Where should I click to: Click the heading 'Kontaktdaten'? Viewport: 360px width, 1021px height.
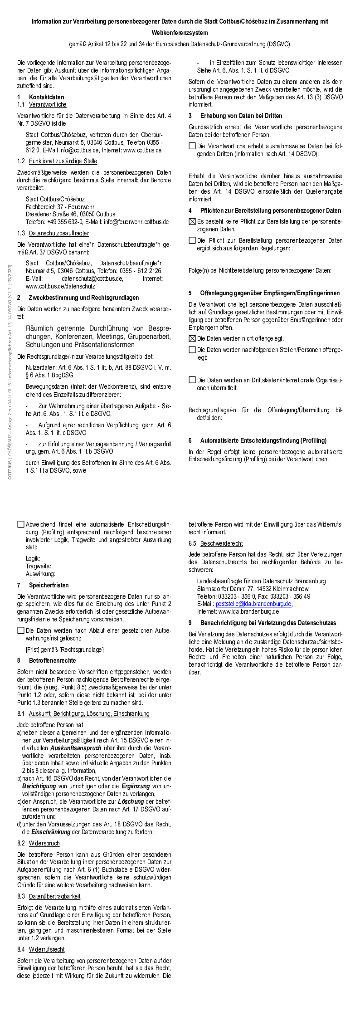tap(46, 97)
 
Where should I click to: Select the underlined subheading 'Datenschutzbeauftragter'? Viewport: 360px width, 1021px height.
tap(58, 233)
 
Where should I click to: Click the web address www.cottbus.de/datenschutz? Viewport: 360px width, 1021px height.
tap(60, 286)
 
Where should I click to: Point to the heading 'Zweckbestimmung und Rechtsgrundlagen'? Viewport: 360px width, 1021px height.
tap(84, 298)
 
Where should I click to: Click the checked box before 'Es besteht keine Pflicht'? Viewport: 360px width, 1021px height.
tap(192, 221)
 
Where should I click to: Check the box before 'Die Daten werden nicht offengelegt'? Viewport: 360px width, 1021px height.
tap(192, 338)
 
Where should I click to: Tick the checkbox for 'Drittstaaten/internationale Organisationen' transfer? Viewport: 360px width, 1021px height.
tap(192, 380)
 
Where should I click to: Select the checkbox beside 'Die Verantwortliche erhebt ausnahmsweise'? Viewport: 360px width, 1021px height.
tap(192, 146)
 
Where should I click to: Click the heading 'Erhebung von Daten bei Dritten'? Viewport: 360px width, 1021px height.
tap(241, 116)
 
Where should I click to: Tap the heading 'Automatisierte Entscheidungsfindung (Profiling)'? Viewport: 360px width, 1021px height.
tap(263, 440)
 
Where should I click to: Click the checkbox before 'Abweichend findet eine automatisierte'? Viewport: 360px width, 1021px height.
tap(21, 524)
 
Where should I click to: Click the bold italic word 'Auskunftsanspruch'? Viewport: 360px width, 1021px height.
tap(76, 747)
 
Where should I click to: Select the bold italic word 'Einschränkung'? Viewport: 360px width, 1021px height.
tap(51, 832)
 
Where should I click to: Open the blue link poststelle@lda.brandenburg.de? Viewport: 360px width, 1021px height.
tap(253, 604)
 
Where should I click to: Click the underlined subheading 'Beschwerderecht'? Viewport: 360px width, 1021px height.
tap(221, 543)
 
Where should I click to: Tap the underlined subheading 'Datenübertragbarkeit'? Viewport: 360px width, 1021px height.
tap(54, 896)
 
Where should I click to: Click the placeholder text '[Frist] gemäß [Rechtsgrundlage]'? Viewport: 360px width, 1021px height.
tap(64, 650)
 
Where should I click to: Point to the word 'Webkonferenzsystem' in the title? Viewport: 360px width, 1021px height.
tap(180, 33)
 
